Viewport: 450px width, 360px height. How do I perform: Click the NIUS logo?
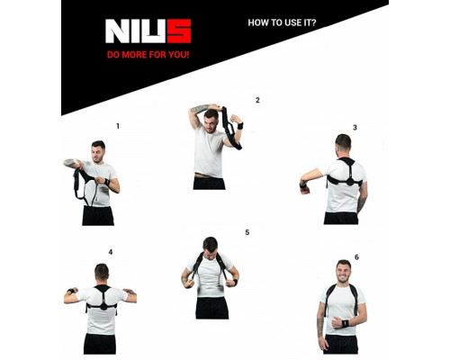[148, 31]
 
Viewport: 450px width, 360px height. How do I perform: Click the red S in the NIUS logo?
[178, 31]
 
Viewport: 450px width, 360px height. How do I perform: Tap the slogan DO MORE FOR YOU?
[148, 54]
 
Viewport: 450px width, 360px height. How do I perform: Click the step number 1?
[117, 126]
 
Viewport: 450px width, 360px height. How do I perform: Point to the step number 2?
[257, 100]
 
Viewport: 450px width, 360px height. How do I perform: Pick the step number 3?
[355, 127]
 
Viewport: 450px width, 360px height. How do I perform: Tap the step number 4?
[111, 252]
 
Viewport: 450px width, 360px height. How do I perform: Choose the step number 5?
[247, 232]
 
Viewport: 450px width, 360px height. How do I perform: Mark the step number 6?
[356, 257]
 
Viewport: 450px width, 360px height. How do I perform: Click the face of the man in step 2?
[211, 119]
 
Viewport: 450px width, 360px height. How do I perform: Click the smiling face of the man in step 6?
[342, 271]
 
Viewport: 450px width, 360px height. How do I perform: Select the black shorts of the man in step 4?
[100, 343]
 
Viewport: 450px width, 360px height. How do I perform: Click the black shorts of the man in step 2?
[209, 182]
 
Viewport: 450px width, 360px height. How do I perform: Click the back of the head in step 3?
[342, 143]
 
